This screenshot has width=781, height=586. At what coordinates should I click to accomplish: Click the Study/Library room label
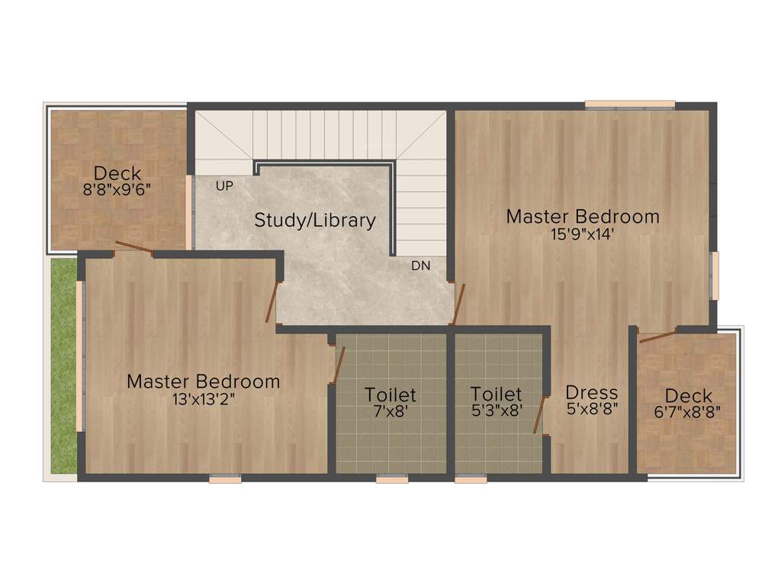click(315, 221)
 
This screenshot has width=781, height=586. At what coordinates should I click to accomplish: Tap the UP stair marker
click(224, 185)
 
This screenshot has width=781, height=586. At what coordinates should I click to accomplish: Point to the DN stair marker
click(420, 266)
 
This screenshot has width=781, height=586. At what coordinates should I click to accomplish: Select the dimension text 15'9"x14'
click(583, 234)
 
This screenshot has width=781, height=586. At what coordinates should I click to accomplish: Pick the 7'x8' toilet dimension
click(390, 411)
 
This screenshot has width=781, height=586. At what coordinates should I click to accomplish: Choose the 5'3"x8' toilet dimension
click(496, 411)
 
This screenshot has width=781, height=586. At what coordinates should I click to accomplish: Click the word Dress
click(592, 393)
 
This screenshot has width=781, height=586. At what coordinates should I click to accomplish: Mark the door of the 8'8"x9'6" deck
click(133, 247)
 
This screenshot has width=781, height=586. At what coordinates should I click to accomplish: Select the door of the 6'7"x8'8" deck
click(657, 336)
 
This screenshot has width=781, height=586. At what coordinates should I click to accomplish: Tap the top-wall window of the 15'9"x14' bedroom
click(630, 105)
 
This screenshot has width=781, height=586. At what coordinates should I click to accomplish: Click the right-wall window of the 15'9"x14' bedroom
click(715, 275)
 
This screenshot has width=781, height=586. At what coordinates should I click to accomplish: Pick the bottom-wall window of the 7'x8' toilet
click(391, 479)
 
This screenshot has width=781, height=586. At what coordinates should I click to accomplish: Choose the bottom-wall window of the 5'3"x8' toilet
click(471, 479)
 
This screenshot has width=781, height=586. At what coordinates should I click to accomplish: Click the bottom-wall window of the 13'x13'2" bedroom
click(225, 479)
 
